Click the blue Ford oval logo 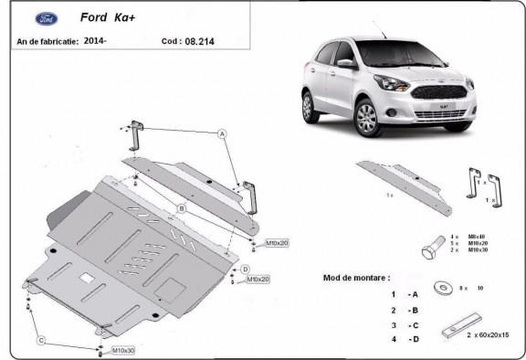[45, 18]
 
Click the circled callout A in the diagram [221, 133]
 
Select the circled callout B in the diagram [182, 209]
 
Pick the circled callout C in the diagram [41, 340]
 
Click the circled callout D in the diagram [246, 268]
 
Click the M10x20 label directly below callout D [258, 280]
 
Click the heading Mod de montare [357, 276]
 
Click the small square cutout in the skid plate [86, 277]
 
